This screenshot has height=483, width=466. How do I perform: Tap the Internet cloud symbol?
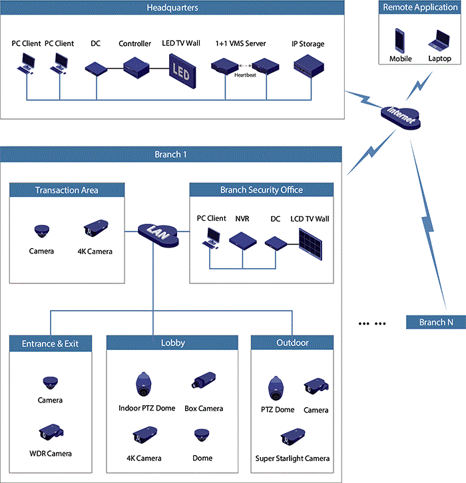coord(399,117)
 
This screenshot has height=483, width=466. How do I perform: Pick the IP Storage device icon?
coord(308,65)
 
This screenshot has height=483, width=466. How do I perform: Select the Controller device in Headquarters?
coord(135,66)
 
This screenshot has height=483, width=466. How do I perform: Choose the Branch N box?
coord(436,323)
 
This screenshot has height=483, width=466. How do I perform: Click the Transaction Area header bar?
coord(67,190)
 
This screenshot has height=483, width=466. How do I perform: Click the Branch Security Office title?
coord(262,190)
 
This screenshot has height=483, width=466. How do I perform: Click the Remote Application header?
coord(419,8)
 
